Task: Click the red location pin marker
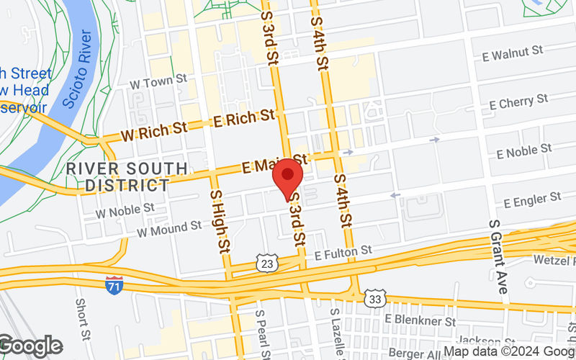coord(288,176)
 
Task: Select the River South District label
coord(127,176)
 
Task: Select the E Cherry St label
coord(518,103)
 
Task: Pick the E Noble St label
coord(528,153)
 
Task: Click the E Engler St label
coord(532,197)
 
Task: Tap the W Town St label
coord(158,83)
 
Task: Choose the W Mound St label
coord(169,229)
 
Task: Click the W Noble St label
coord(125,209)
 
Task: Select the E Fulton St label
coord(343,251)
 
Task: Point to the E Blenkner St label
coord(420,319)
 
